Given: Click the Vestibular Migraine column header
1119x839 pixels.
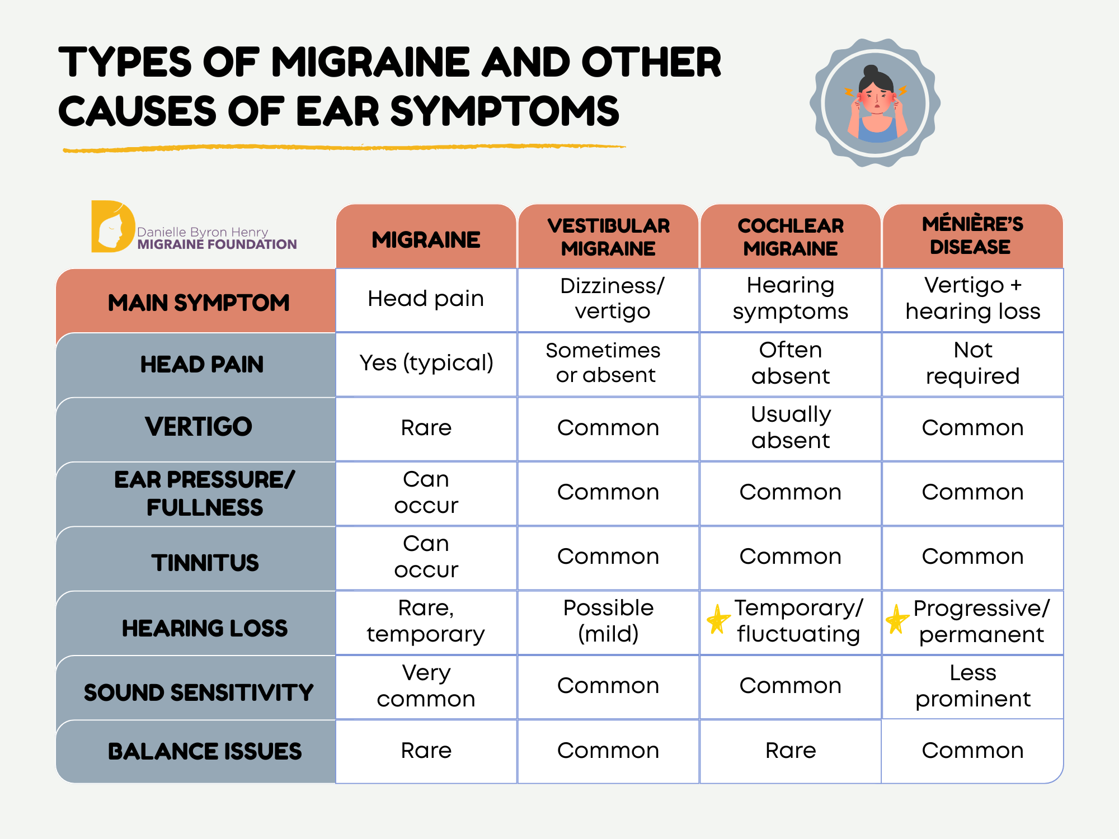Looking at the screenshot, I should (x=608, y=237).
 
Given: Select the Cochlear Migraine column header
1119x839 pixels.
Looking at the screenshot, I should (x=790, y=237).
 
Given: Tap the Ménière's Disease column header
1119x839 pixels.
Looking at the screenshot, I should (x=972, y=235).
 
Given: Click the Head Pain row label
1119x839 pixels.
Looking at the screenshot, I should (x=201, y=365).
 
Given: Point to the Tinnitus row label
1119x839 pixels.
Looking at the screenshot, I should (x=205, y=563).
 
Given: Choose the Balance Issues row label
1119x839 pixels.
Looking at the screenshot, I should (x=205, y=751).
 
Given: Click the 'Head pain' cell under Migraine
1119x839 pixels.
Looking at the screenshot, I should (x=426, y=299).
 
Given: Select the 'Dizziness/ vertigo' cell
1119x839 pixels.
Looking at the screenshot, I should (x=612, y=299).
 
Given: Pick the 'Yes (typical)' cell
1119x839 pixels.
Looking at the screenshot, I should (x=426, y=363).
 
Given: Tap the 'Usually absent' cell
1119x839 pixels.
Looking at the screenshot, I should (x=791, y=428).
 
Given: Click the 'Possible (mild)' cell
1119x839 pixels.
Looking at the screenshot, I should (x=608, y=621).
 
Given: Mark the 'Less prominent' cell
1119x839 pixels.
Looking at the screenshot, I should (x=973, y=686).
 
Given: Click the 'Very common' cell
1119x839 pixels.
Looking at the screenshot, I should (x=426, y=686).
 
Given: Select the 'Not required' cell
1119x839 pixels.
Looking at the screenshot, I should (x=973, y=363).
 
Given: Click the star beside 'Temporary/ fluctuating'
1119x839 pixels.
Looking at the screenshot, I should (x=718, y=620).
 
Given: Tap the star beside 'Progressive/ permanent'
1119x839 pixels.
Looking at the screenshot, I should (x=897, y=620).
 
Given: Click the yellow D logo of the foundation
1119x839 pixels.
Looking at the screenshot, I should (x=112, y=227).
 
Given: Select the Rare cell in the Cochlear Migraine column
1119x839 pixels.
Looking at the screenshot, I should (x=791, y=751).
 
